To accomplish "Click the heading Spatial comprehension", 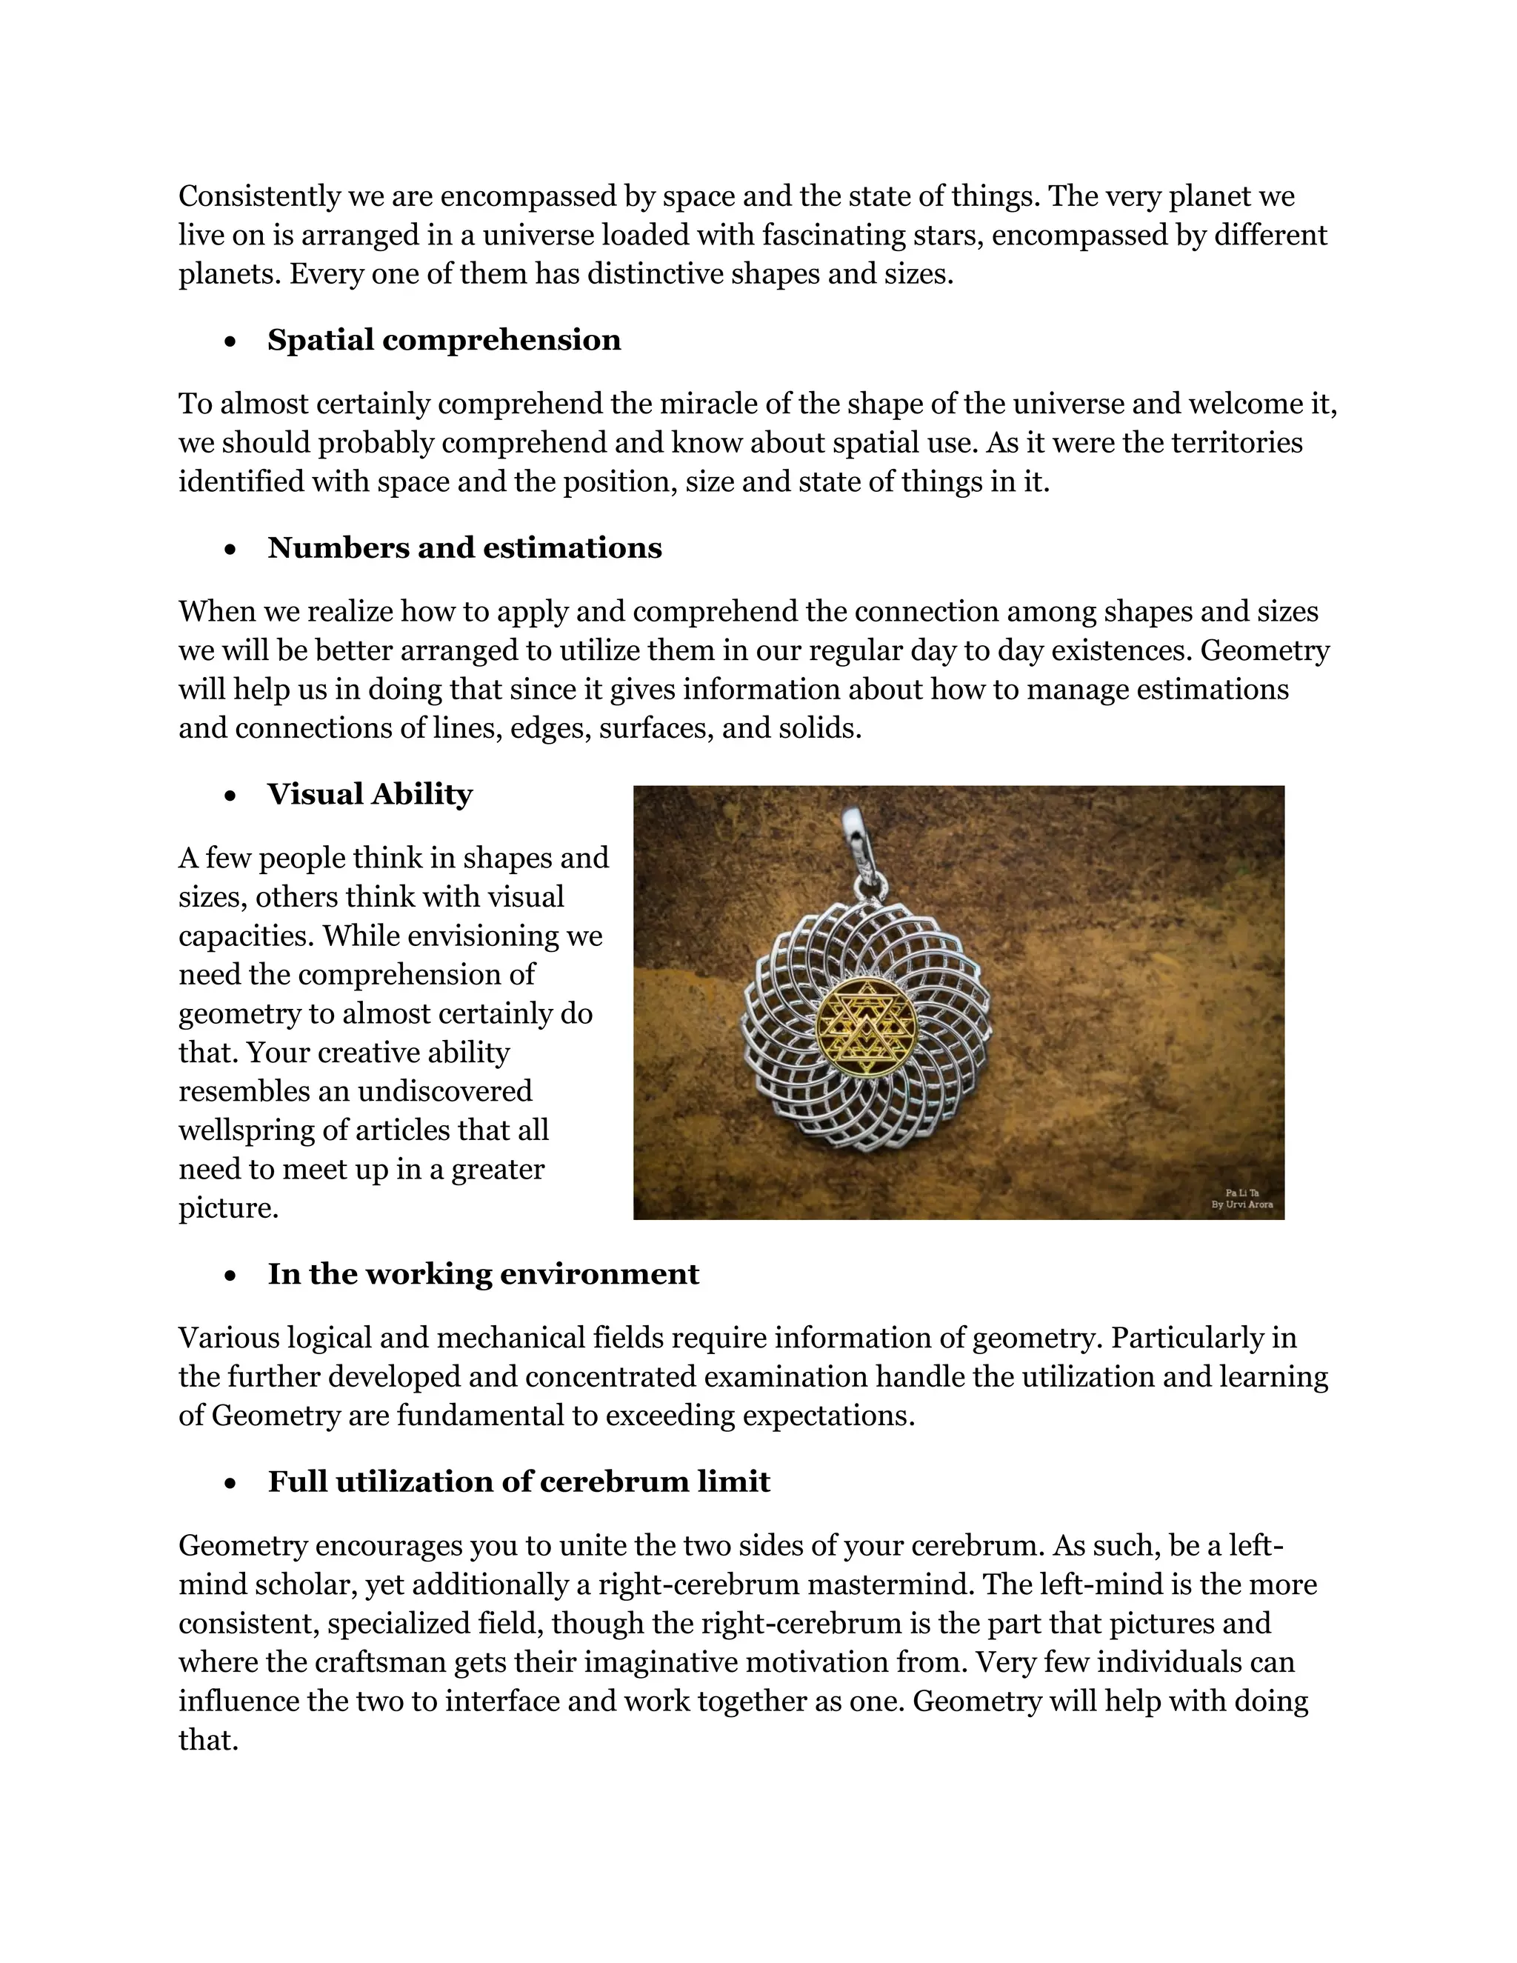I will (444, 340).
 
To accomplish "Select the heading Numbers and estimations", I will (464, 547).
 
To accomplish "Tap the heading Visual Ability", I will (370, 795).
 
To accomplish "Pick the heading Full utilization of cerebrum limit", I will (519, 1482).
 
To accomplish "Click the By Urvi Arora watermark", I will (1242, 1204).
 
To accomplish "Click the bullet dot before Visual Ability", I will (231, 796).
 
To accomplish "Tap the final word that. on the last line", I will (207, 1740).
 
